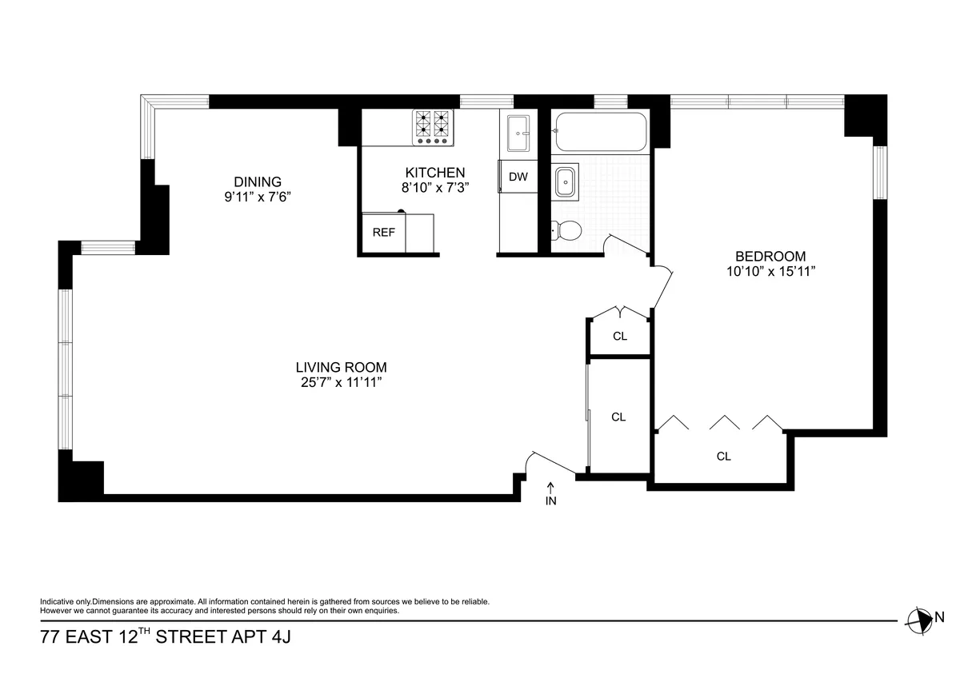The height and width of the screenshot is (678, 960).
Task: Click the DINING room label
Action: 258,181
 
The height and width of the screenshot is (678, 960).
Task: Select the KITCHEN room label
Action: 434,173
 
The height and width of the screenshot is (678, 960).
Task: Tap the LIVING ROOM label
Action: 341,368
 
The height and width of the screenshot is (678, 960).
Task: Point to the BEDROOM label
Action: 770,257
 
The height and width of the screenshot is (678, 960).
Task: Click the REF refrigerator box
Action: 384,233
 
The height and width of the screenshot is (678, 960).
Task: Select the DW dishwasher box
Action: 518,177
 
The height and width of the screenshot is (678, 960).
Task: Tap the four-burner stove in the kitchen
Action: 433,127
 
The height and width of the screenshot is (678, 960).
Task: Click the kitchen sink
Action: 518,131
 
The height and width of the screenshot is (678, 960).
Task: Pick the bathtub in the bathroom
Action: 600,130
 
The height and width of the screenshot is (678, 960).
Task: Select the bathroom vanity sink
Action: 566,182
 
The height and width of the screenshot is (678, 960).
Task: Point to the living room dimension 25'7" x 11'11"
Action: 341,383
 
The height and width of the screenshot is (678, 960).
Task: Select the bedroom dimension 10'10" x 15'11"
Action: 770,272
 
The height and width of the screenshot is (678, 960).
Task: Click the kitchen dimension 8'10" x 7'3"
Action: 434,188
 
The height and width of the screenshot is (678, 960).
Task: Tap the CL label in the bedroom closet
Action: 723,457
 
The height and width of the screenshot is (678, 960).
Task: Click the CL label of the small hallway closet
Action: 619,336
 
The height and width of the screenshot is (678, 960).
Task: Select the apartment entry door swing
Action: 548,463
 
